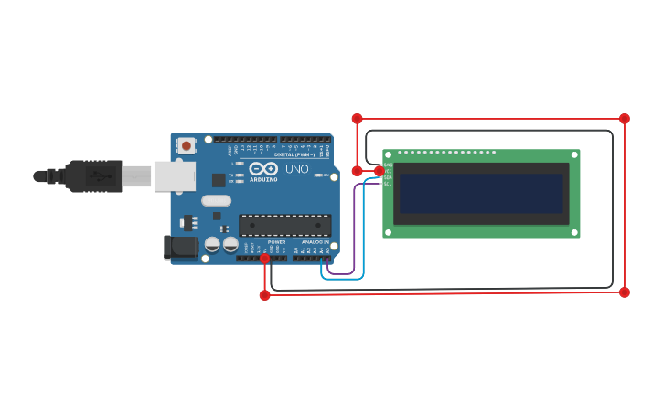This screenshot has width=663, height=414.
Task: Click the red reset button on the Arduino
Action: point(187,144)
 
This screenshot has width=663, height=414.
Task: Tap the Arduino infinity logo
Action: point(263,169)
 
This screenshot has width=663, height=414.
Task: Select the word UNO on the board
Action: point(297,169)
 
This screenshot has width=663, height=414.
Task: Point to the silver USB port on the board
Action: point(174,175)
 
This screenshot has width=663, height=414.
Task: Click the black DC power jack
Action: point(180,246)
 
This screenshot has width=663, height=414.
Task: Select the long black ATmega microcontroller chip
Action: point(284,225)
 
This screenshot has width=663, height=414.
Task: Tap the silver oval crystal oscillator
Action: point(217,200)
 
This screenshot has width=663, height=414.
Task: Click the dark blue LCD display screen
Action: point(481,194)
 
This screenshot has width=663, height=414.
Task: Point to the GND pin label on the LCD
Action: point(388,165)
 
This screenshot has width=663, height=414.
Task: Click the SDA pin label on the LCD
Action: point(388,177)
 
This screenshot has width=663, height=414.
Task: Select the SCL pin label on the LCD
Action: point(388,184)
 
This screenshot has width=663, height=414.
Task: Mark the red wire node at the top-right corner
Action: point(625,119)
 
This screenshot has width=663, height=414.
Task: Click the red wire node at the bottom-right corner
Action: point(625,292)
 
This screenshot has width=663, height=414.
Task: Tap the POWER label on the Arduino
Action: point(276,242)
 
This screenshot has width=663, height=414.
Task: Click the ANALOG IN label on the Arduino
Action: point(315,242)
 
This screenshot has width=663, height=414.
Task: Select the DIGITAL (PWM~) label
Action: point(294,154)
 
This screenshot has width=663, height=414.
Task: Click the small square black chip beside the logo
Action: point(219,180)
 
